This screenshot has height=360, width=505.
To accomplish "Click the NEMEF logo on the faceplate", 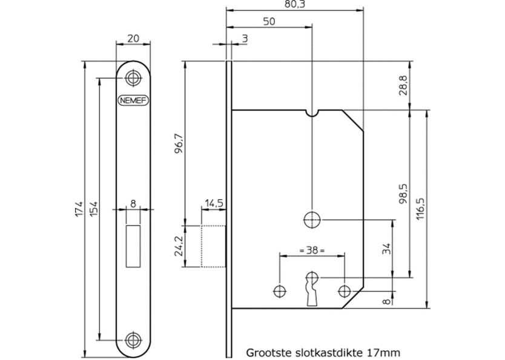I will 133,100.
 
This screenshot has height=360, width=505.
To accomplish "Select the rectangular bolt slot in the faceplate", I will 133,238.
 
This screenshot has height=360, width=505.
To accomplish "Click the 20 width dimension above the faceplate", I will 133,38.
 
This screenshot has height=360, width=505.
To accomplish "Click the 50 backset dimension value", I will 270,22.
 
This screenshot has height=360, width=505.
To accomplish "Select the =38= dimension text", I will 311,249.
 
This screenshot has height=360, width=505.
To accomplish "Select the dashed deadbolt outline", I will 213,246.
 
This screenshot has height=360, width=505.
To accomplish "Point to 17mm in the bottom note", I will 383,350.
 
